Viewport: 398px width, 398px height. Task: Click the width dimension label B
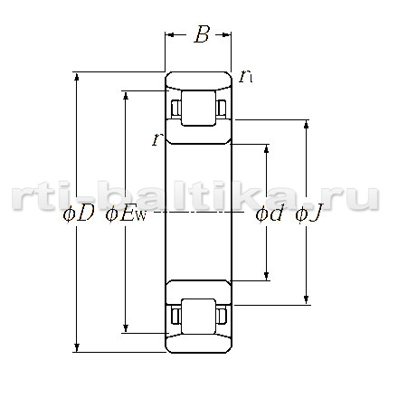coord(202,34)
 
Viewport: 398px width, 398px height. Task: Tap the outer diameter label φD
coord(78,214)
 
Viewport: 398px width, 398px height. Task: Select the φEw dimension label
coord(126,214)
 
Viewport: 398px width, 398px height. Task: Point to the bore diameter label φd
coord(270,214)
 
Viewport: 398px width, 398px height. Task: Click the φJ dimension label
coord(308,214)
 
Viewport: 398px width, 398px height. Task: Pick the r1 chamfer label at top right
coord(245,77)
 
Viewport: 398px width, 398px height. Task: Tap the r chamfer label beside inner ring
coord(156,139)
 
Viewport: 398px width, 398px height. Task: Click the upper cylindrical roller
coord(198,108)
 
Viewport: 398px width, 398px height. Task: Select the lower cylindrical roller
coord(198,317)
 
